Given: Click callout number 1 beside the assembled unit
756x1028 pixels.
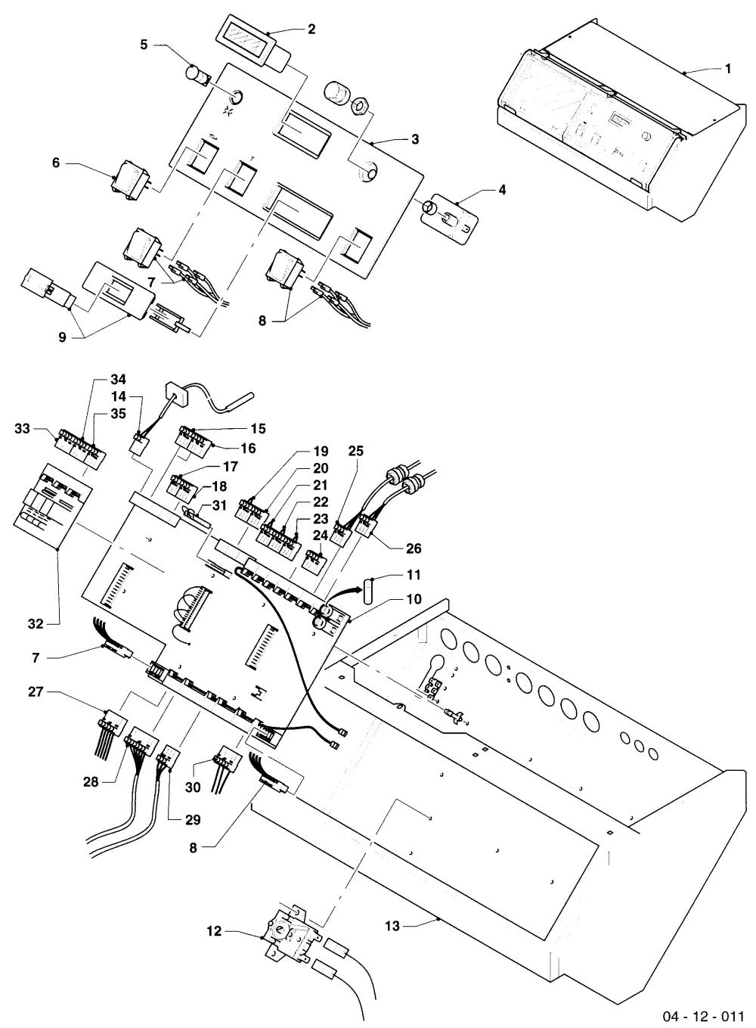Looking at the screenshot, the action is pyautogui.click(x=727, y=70).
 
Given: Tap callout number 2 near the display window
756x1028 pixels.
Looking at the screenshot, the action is pyautogui.click(x=311, y=30).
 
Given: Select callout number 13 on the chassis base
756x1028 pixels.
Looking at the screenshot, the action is pyautogui.click(x=392, y=926).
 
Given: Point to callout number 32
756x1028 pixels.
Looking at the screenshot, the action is pyautogui.click(x=36, y=624).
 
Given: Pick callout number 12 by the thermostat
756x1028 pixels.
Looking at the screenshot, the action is pyautogui.click(x=214, y=931).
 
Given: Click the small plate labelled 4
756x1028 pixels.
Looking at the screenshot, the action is pyautogui.click(x=449, y=216).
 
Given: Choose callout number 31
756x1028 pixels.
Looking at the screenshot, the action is pyautogui.click(x=219, y=505).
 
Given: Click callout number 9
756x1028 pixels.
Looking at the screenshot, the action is pyautogui.click(x=62, y=337).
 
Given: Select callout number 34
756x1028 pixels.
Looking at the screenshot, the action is pyautogui.click(x=118, y=379).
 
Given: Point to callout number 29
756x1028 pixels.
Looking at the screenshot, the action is pyautogui.click(x=193, y=820).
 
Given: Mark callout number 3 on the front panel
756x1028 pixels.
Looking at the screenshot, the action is pyautogui.click(x=415, y=139).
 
